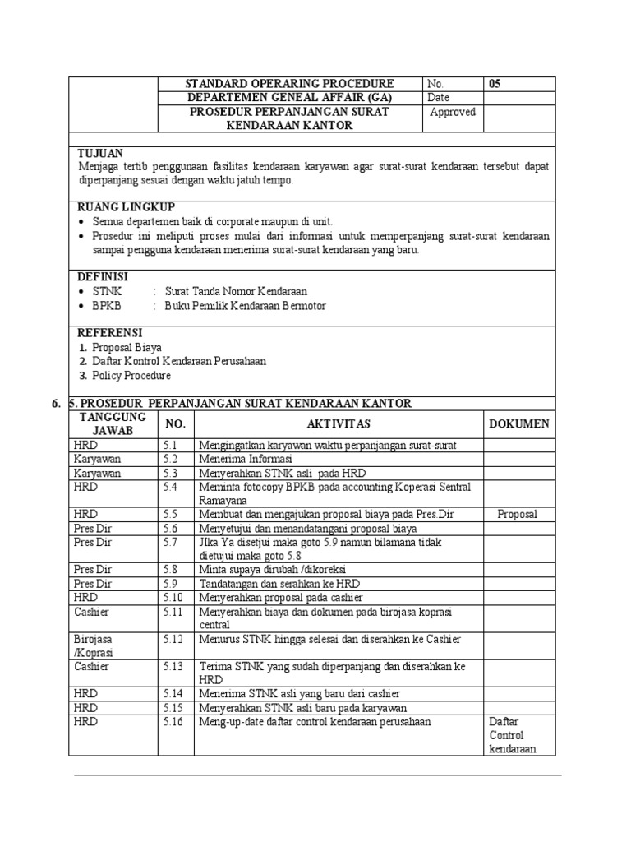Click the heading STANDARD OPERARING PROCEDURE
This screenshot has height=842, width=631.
click(x=290, y=84)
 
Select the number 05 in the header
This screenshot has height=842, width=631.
click(x=495, y=84)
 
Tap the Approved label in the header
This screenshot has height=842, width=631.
click(x=453, y=112)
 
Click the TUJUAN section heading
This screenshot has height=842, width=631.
click(x=100, y=153)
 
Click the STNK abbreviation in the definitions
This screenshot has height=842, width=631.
click(x=107, y=291)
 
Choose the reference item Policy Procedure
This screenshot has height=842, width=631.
click(x=131, y=376)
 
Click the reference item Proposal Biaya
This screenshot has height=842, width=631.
click(x=127, y=347)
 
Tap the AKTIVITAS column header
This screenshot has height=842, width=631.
click(x=339, y=423)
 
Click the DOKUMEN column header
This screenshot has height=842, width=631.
click(x=518, y=423)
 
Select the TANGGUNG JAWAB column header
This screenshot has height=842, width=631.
click(x=113, y=423)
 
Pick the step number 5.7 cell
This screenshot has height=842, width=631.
click(x=171, y=542)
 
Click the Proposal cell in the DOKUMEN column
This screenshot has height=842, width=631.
click(x=518, y=514)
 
